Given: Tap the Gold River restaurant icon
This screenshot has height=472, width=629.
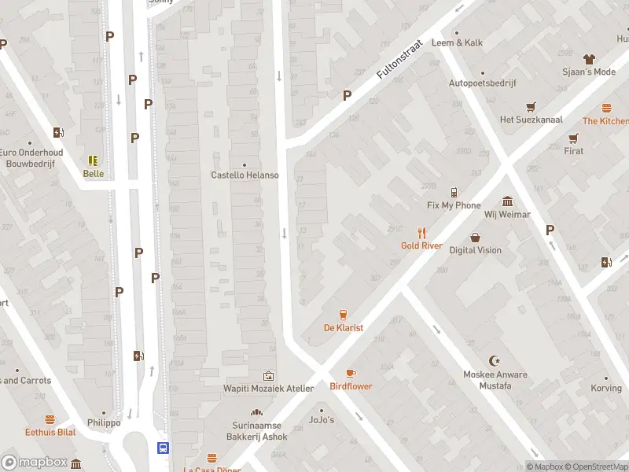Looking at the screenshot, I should [x=422, y=233].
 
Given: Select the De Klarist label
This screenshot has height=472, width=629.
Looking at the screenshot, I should [x=344, y=327].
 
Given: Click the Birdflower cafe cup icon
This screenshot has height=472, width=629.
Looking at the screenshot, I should [x=351, y=374].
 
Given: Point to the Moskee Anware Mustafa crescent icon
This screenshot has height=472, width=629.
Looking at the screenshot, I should [x=495, y=361].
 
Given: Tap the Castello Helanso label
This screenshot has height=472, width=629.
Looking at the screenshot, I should [x=245, y=175].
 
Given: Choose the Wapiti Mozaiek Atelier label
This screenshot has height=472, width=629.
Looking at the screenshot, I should [x=268, y=388].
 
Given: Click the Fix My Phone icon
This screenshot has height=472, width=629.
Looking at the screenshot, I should [x=454, y=193].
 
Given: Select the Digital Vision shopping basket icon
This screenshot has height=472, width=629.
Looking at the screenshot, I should [x=475, y=238].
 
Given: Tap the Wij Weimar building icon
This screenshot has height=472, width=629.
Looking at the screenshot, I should [x=507, y=201].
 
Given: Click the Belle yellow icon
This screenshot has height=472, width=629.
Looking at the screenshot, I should [x=94, y=160].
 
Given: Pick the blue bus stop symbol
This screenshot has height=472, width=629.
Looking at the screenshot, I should [x=164, y=448].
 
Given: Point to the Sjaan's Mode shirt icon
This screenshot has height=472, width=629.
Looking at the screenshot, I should [x=589, y=59].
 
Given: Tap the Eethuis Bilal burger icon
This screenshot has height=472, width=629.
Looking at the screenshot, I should [x=50, y=419].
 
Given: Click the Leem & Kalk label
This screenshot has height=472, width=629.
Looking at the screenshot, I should [x=457, y=43].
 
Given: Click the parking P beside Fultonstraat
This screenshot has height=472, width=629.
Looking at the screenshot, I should [x=347, y=96].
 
